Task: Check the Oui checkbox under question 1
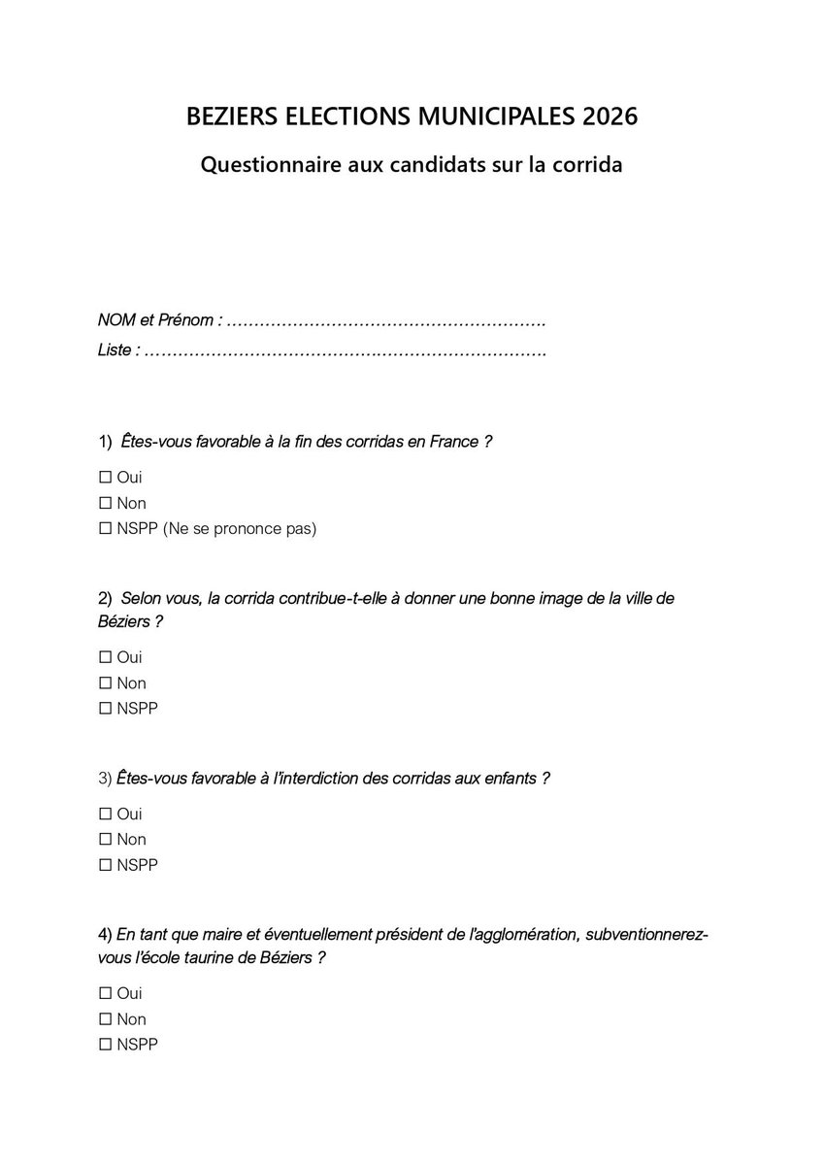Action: pos(105,478)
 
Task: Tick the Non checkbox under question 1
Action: pos(105,504)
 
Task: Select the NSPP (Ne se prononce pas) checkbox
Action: pos(105,529)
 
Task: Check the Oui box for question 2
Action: pos(105,658)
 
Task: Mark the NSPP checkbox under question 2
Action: pos(105,709)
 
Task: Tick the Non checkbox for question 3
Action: pos(105,840)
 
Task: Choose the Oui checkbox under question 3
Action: pos(105,815)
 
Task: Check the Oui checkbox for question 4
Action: pos(105,994)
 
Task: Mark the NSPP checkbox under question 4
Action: pos(105,1045)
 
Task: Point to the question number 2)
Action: pos(106,598)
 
